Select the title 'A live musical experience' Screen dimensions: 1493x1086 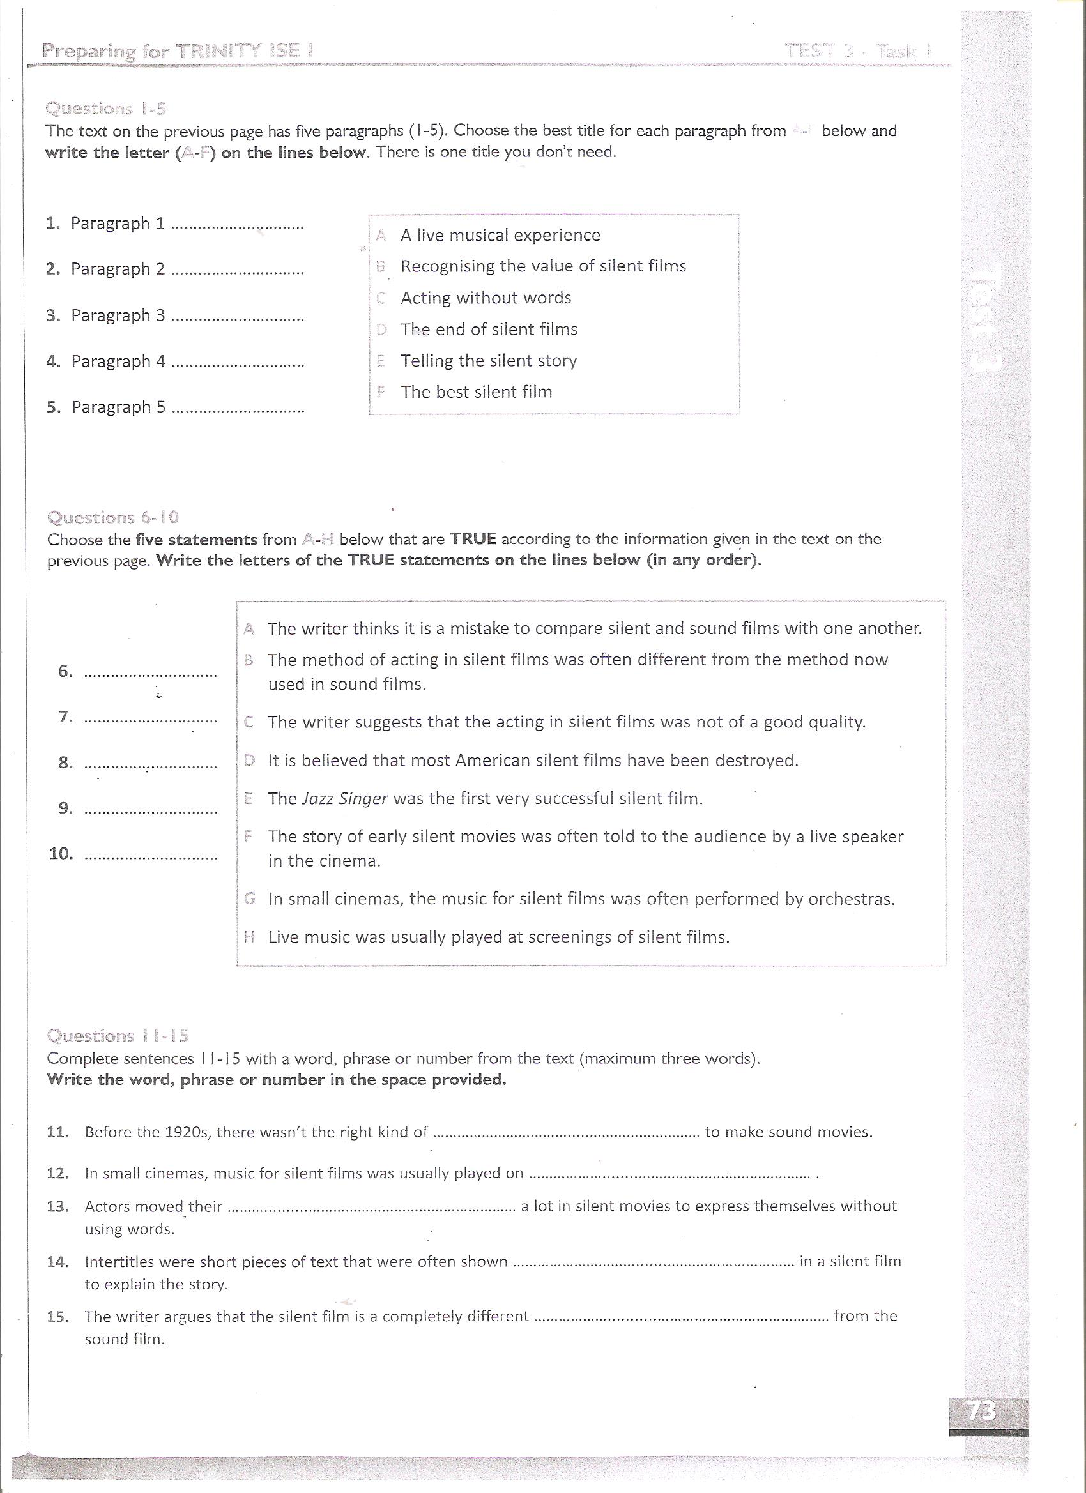tap(500, 235)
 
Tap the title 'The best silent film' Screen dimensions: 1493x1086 tap(476, 391)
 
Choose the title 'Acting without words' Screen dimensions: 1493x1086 tap(486, 298)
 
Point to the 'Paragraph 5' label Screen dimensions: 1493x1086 tap(119, 407)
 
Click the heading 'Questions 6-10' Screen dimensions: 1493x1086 tap(112, 517)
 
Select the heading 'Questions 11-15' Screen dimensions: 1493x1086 tap(118, 1036)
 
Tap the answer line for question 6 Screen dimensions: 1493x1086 tap(151, 675)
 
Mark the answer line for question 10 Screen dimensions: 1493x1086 tap(151, 858)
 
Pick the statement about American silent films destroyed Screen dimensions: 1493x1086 tap(533, 761)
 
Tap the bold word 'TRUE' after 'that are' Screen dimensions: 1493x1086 tap(472, 539)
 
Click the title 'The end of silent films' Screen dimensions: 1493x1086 tap(489, 329)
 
